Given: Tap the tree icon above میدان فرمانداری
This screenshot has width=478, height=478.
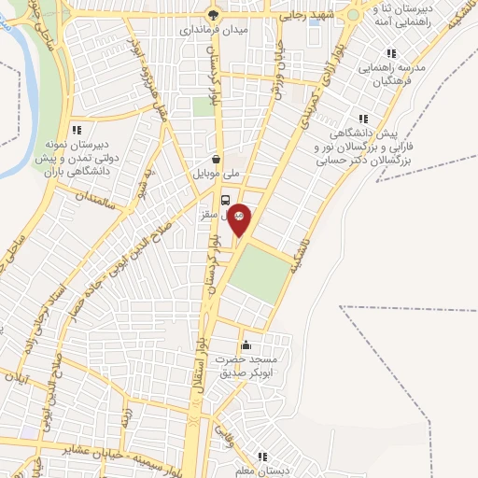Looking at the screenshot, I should pos(214,15).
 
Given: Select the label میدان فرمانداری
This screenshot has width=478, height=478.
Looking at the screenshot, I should pos(214,31).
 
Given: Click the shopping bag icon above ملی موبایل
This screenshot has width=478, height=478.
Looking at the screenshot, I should pos(217,159).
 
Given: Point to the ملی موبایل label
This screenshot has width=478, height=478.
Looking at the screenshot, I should pos(217,174).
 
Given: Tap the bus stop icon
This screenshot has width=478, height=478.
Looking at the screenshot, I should pos(225,199).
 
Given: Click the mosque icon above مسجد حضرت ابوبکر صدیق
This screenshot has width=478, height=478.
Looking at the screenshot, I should pos(246,344).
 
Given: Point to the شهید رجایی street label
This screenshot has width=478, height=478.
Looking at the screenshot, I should pos(308,16).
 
